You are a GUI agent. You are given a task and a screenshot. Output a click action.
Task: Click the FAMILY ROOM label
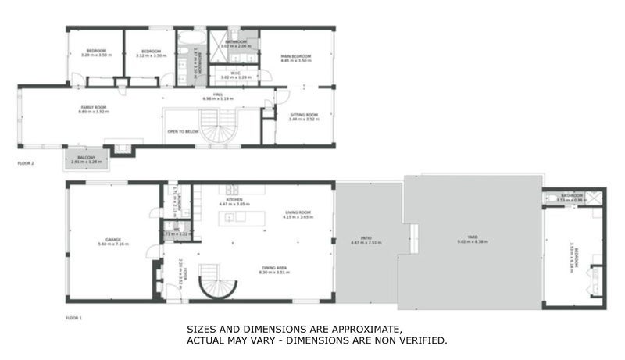pyautogui.click(x=93, y=107)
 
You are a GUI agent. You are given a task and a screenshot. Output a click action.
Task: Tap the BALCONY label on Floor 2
pyautogui.click(x=86, y=157)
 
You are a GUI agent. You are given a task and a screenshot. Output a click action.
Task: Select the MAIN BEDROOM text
pyautogui.click(x=296, y=57)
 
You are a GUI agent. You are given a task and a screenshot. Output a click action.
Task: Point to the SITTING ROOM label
pyautogui.click(x=304, y=115)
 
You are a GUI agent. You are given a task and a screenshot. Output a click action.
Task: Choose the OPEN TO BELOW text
pyautogui.click(x=183, y=132)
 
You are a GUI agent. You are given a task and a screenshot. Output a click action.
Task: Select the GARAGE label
pyautogui.click(x=113, y=240)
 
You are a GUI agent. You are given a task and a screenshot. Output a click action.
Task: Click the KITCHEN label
pyautogui.click(x=234, y=200)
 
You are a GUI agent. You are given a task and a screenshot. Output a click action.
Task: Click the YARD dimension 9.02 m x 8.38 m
pyautogui.click(x=472, y=241)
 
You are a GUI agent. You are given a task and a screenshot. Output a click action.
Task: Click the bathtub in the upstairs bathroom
pyautogui.click(x=189, y=38)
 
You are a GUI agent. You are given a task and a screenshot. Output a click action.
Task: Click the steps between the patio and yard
pyautogui.click(x=413, y=233)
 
